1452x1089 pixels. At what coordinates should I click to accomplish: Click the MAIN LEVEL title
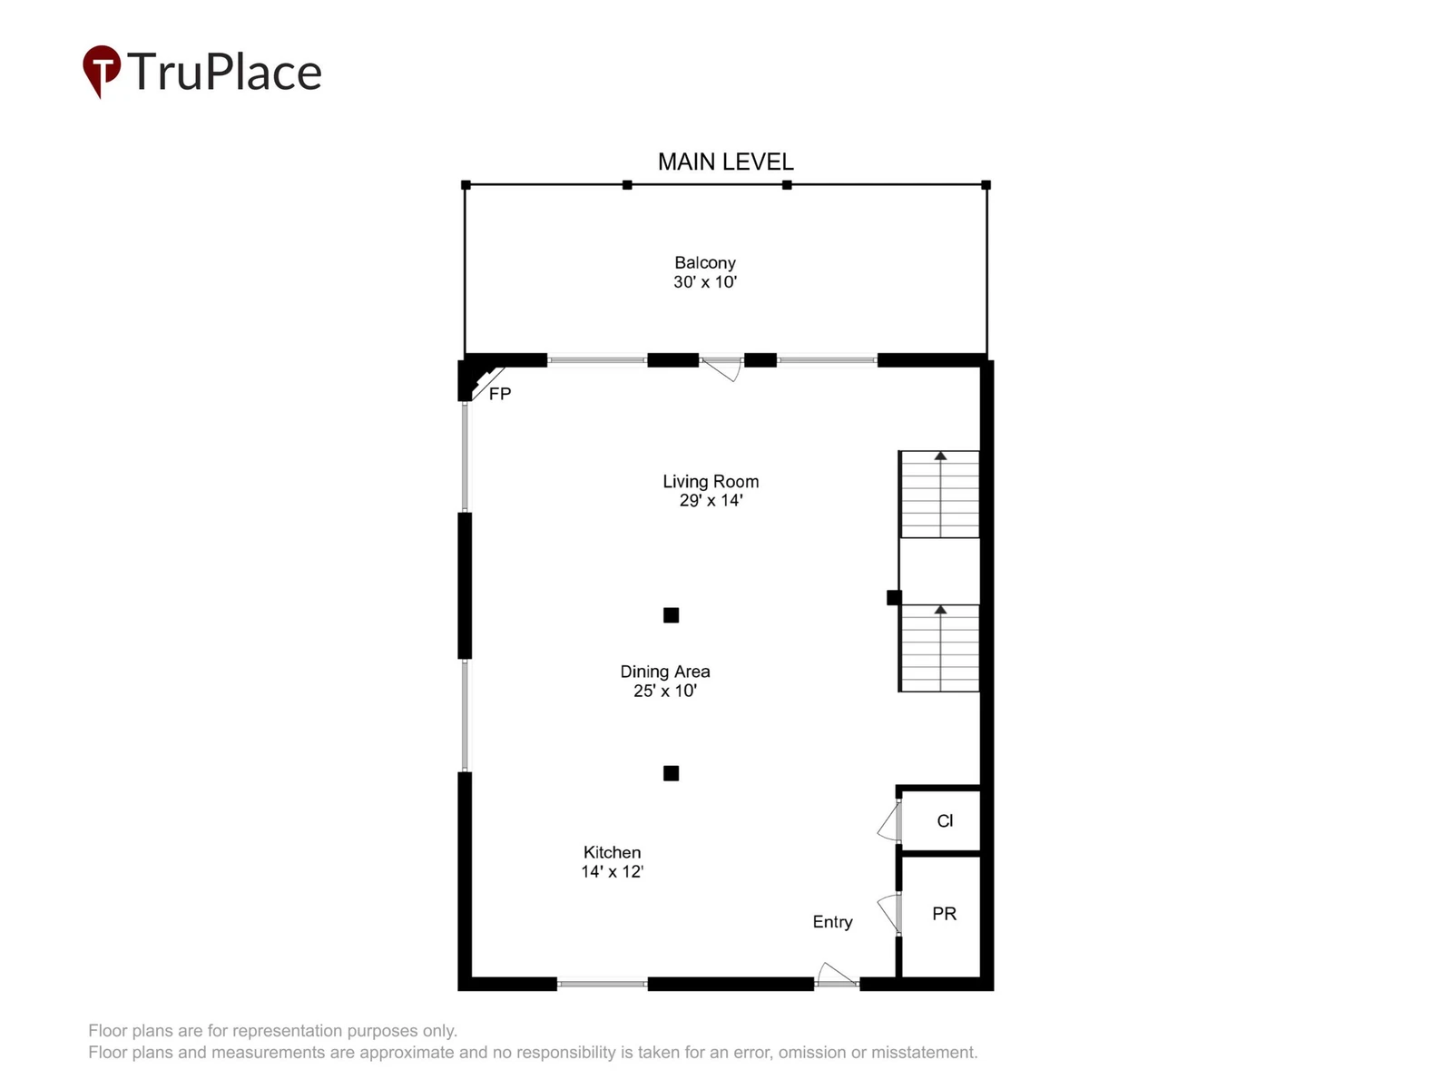725,162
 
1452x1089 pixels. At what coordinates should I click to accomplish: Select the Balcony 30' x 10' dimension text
704,281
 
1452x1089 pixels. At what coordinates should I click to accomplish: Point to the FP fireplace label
499,394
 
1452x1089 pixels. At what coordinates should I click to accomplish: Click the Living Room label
711,481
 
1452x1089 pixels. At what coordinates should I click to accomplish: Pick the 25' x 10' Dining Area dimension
665,691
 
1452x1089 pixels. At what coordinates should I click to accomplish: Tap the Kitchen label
612,852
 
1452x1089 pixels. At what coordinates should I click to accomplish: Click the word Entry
832,922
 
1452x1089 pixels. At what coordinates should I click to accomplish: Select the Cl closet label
945,820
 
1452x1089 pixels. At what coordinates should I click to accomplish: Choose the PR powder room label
944,914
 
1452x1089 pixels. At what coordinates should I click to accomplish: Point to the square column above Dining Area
671,615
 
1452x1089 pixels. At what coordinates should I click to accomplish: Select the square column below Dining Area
671,773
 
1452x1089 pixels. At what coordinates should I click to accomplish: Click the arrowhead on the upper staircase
940,456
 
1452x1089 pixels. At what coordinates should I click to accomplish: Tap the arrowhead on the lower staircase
940,610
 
